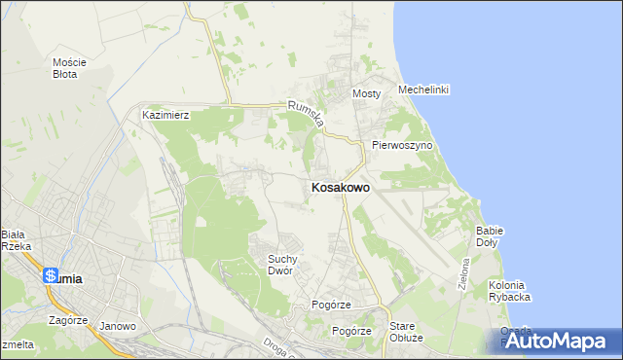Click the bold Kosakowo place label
(339, 188)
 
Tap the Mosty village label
(365, 93)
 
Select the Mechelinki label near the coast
(423, 90)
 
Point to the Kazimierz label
(165, 114)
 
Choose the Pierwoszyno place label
(401, 145)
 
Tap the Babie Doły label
(489, 235)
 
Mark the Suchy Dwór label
(288, 265)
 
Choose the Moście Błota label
(70, 67)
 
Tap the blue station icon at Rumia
(50, 276)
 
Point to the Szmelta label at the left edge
(16, 344)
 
